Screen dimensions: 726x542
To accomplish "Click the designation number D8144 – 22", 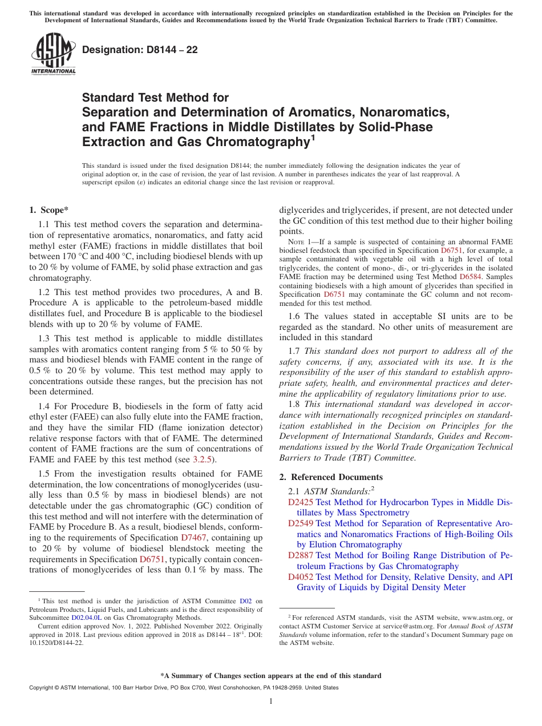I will [x=140, y=50].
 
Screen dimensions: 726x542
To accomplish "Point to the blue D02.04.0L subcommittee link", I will [x=86, y=617].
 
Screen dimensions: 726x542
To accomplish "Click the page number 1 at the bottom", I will [x=271, y=701].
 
